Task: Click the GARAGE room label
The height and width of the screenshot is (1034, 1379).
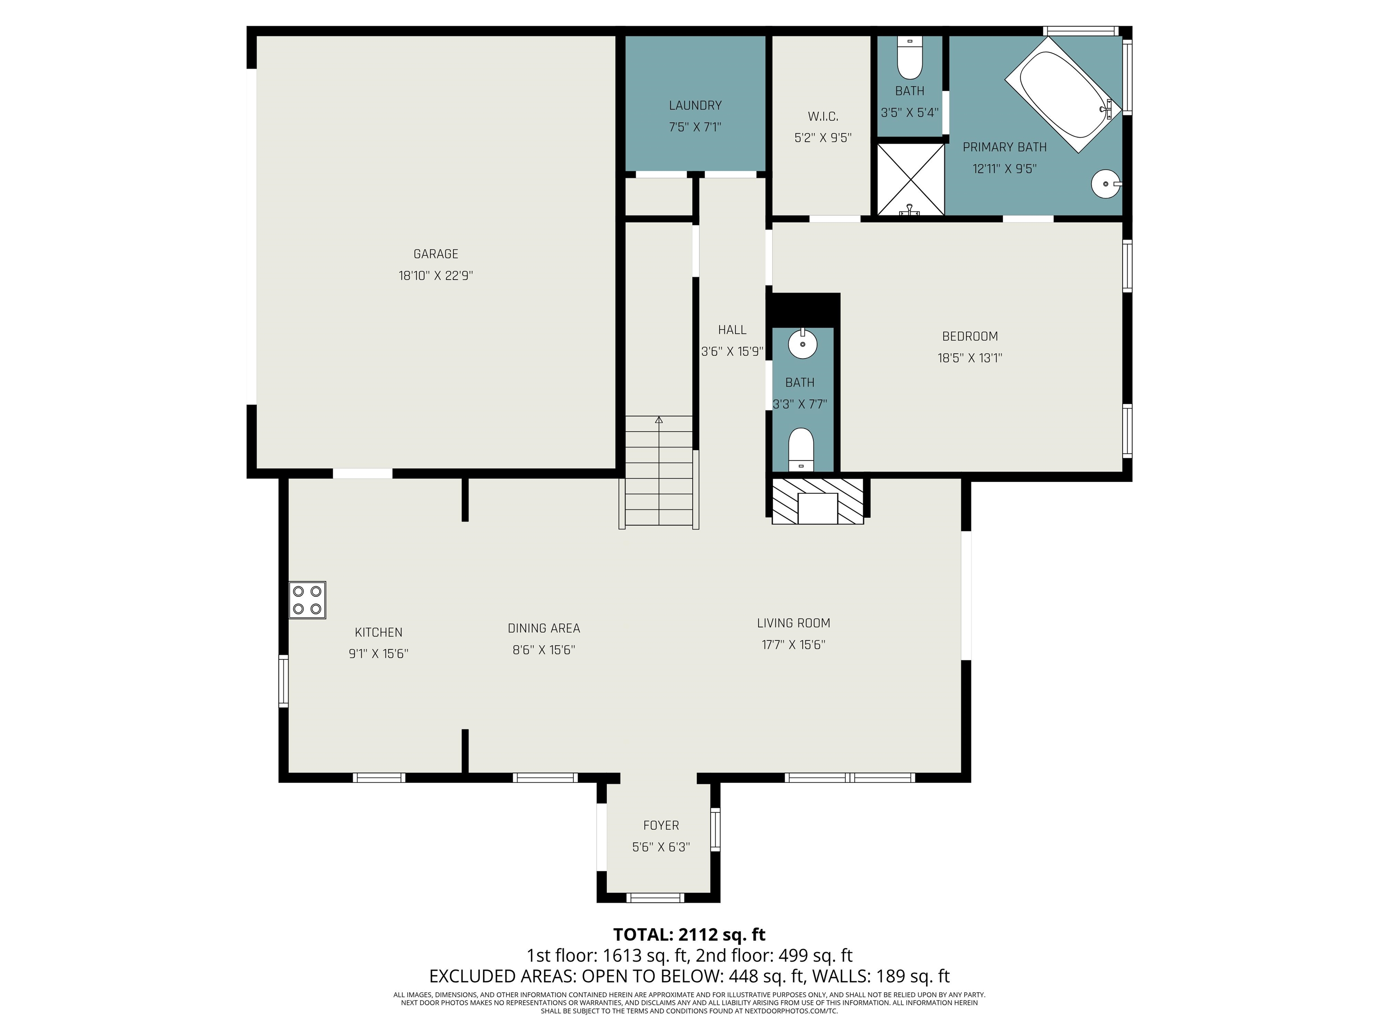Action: (436, 254)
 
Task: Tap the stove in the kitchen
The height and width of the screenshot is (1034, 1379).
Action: (307, 600)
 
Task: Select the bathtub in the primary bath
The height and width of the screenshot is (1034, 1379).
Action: (1063, 95)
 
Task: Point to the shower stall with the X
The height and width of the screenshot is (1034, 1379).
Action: (911, 180)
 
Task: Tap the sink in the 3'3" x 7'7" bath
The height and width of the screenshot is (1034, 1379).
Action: (803, 343)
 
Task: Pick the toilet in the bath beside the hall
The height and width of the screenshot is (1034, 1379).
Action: (801, 449)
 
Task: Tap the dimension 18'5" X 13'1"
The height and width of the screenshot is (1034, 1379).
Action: (970, 358)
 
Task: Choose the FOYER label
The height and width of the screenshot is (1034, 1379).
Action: (661, 825)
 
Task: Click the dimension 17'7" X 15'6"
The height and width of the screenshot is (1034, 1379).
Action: (794, 644)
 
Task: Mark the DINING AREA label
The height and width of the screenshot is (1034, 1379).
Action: (544, 628)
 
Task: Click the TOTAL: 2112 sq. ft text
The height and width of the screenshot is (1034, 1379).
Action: (689, 934)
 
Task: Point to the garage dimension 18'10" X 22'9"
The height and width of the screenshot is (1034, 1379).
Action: (436, 276)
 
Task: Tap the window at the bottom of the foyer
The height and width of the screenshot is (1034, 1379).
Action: (655, 898)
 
